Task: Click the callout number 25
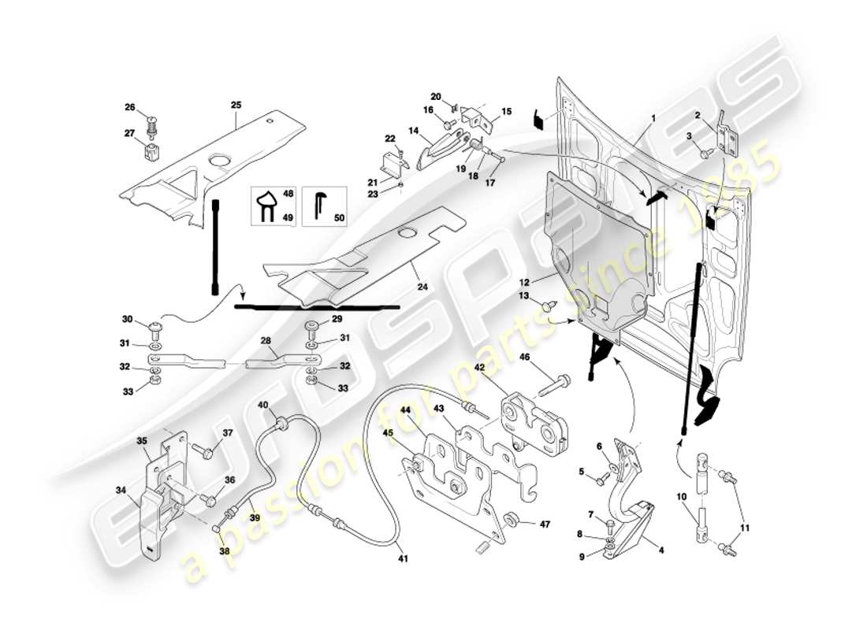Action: (236, 104)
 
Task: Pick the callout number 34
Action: (121, 490)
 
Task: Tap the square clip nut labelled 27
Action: (153, 148)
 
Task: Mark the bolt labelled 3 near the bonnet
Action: (704, 153)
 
